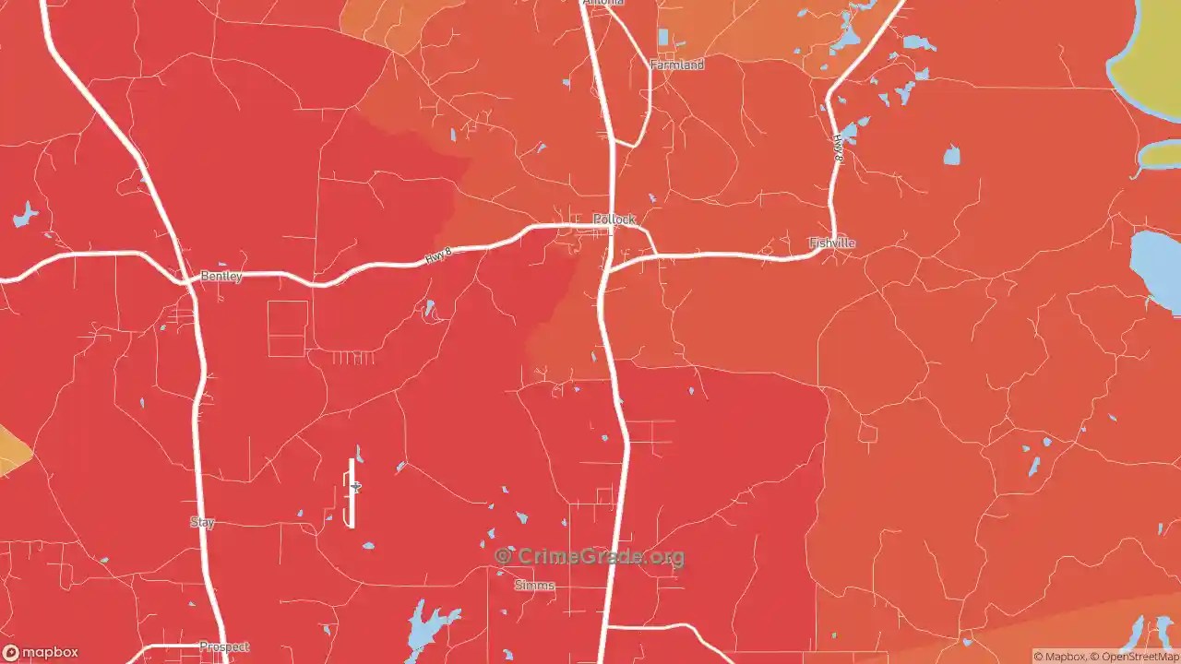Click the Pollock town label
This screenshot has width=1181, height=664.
coord(614,219)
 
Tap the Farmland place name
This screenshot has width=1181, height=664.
coord(677,65)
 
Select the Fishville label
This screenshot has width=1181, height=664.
coord(832,243)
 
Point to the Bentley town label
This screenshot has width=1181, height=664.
coord(221,277)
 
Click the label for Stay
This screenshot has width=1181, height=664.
coord(202,522)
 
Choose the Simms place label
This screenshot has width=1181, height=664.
coord(534,586)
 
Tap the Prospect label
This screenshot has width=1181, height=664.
coord(224,646)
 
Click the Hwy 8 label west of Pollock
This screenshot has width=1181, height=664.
coord(439,255)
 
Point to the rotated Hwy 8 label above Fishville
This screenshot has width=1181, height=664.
coord(838,148)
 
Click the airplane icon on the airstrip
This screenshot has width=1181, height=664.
coord(355,487)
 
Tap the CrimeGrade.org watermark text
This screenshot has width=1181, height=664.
coord(590,556)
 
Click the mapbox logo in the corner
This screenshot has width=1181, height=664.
coord(40,653)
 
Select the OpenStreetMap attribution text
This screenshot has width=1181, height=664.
coord(1134,657)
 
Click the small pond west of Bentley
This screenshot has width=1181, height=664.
coord(25,217)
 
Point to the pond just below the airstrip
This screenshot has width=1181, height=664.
coord(368,546)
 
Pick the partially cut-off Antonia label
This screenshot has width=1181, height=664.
coord(604,3)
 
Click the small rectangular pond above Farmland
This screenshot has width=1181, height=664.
coord(662,37)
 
